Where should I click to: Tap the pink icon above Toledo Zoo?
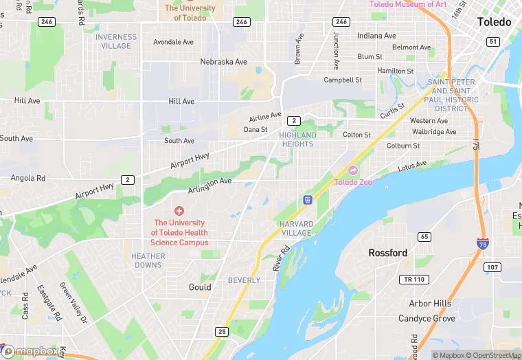(x=354, y=170)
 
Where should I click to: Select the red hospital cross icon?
(x=179, y=211)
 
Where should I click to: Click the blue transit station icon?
(x=307, y=200)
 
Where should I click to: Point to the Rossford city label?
(x=387, y=253)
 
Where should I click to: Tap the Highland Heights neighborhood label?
(x=297, y=139)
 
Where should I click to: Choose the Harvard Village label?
(x=296, y=228)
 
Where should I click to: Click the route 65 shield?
(x=424, y=237)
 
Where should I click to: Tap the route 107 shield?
(x=491, y=267)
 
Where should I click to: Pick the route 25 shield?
(x=221, y=332)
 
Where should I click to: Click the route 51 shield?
(x=492, y=42)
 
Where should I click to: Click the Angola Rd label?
(x=28, y=178)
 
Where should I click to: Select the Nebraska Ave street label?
(x=223, y=62)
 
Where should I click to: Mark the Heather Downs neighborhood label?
(x=148, y=260)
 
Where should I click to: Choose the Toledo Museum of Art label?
(x=408, y=4)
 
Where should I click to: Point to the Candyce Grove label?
(x=427, y=319)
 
